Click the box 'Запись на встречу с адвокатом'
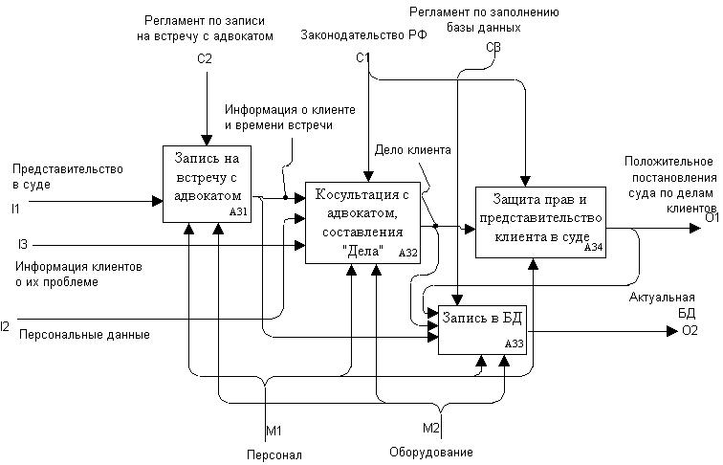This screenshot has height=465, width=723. point(208,183)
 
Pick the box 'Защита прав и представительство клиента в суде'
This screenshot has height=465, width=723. point(540,221)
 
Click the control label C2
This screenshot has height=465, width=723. point(204,59)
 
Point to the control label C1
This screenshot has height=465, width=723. point(362,59)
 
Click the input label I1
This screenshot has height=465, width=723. point(15,208)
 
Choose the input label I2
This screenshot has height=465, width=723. point(7,326)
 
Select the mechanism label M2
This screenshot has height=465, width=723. point(430,426)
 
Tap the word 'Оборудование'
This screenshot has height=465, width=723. point(430,452)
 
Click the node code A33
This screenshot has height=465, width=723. point(514,344)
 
